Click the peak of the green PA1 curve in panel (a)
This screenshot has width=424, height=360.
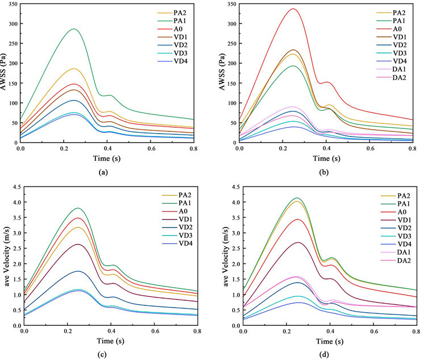click(x=73, y=29)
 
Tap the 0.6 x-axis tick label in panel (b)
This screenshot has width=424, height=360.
click(x=370, y=148)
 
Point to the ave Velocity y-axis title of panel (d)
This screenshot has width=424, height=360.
click(x=223, y=255)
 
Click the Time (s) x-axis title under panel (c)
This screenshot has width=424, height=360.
click(x=106, y=340)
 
